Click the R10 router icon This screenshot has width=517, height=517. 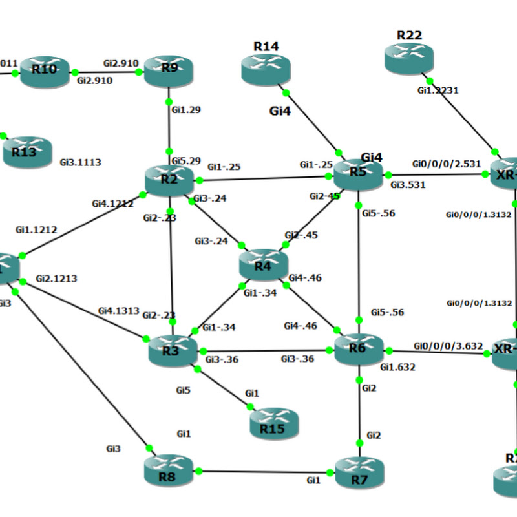tap(45, 72)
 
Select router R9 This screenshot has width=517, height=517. tap(169, 70)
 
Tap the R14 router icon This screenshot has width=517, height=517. tap(266, 69)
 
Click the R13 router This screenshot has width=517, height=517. tap(26, 152)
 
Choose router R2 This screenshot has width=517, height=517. tap(169, 180)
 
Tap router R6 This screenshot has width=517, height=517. tap(358, 350)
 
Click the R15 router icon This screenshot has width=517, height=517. tap(275, 424)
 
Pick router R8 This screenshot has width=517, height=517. tap(168, 469)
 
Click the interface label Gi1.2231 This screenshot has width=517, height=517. tap(438, 90)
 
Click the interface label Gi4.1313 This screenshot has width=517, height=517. tap(118, 310)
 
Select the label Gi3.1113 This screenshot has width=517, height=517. tap(80, 162)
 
